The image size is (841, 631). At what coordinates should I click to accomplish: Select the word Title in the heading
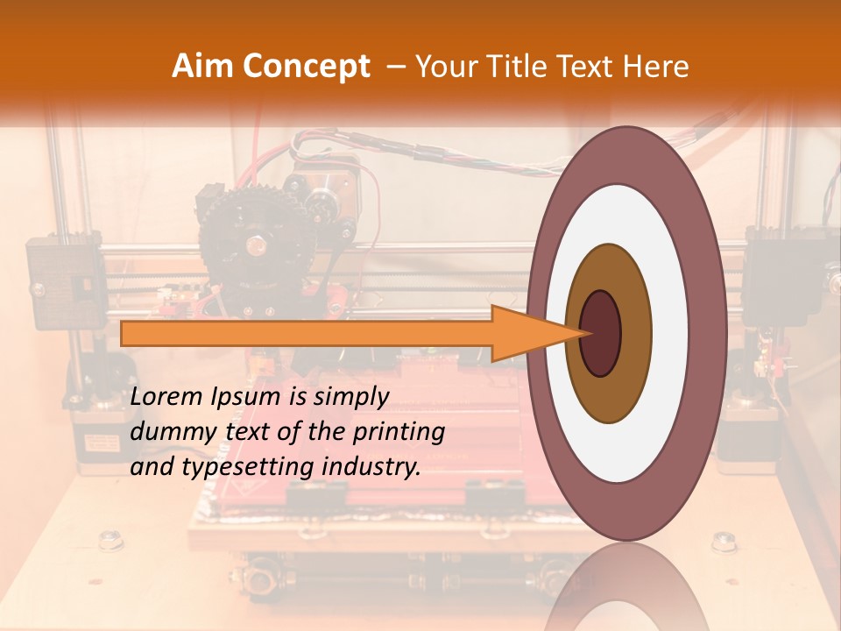(x=518, y=67)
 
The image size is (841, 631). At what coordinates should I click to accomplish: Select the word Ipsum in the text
(x=246, y=397)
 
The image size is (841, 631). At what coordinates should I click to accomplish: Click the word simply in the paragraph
(x=350, y=397)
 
